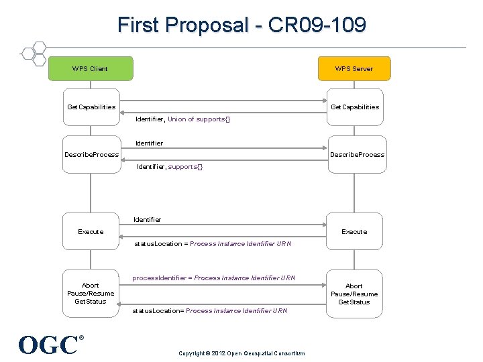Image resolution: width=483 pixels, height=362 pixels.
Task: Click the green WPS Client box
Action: (x=91, y=68)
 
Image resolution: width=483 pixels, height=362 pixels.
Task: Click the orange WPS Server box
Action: (x=354, y=68)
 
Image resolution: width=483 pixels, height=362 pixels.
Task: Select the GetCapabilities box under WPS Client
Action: (x=91, y=107)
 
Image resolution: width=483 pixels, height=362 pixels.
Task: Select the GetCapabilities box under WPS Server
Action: (x=354, y=107)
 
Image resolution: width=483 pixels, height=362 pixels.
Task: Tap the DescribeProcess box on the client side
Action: (x=91, y=155)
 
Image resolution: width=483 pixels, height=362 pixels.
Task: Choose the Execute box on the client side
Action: (x=91, y=231)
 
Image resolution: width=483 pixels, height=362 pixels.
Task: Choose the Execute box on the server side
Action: (x=354, y=231)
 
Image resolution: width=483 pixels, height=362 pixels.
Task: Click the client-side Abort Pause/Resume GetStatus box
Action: (x=91, y=294)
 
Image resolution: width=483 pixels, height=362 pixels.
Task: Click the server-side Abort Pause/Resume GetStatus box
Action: (x=354, y=294)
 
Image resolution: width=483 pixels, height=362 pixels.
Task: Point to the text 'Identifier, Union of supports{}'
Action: (x=182, y=119)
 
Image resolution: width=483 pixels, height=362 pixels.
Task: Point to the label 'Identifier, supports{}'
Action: (x=169, y=167)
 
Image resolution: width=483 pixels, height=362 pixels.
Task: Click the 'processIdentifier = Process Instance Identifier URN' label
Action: (x=213, y=278)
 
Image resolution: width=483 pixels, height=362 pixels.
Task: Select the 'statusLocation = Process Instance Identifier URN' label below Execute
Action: (x=213, y=244)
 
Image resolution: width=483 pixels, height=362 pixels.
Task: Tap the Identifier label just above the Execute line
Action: (x=148, y=220)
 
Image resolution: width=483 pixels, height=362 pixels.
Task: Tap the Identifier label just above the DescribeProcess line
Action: (x=149, y=143)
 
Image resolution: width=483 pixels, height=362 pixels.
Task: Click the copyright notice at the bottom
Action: (x=241, y=353)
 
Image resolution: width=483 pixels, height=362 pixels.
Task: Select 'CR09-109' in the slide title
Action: (x=317, y=25)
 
